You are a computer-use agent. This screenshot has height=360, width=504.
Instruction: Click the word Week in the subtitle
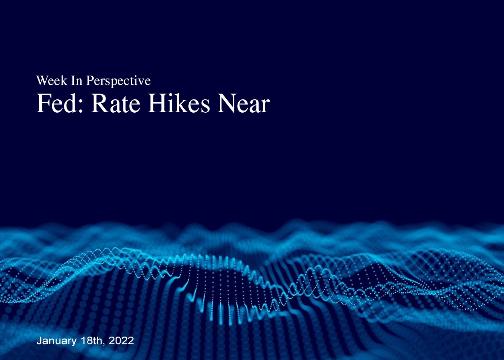tap(51, 81)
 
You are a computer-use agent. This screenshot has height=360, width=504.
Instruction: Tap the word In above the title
tap(77, 81)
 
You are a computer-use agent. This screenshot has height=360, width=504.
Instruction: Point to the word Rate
tap(116, 104)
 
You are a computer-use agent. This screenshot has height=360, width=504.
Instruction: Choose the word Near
tap(243, 104)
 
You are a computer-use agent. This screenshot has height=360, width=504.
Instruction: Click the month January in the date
tap(57, 341)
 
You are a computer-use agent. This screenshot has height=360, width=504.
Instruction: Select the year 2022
tap(121, 341)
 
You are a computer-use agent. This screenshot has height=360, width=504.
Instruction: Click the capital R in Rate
tap(99, 103)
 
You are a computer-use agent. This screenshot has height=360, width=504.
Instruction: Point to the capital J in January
tap(39, 341)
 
